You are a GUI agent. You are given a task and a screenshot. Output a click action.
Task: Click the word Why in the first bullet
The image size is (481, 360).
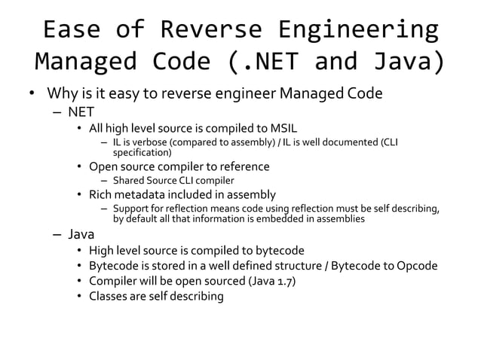[60, 94]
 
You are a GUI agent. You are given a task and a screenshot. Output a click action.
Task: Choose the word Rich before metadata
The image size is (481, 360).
[101, 194]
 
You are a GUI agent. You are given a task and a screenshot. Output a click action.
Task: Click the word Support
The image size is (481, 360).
[131, 209]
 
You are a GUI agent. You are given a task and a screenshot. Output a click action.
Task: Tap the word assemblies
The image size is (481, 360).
[342, 219]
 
